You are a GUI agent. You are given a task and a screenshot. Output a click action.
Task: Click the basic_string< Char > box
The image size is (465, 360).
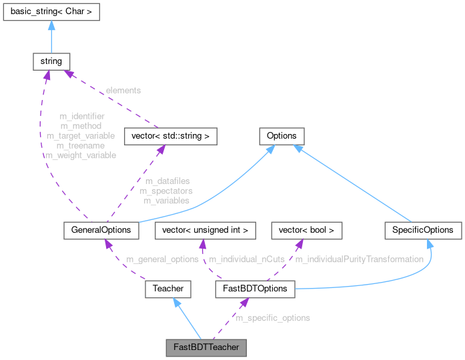51,11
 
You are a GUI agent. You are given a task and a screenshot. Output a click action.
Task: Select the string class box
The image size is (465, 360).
51,61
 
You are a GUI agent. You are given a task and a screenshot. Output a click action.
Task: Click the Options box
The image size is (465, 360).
282,136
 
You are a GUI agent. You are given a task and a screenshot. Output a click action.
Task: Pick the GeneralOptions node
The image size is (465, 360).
101,230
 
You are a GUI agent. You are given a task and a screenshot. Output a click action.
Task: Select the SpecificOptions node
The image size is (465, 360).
423,230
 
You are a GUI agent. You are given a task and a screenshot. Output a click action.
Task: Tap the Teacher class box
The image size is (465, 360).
168,289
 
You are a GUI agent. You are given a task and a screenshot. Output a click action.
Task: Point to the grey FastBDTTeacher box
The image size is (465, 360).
206,347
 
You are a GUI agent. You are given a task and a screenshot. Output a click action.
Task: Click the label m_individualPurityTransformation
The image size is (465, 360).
359,259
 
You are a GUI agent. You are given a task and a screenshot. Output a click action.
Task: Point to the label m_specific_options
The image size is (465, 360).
273,318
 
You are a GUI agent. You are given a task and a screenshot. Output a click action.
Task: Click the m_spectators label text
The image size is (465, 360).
166,191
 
